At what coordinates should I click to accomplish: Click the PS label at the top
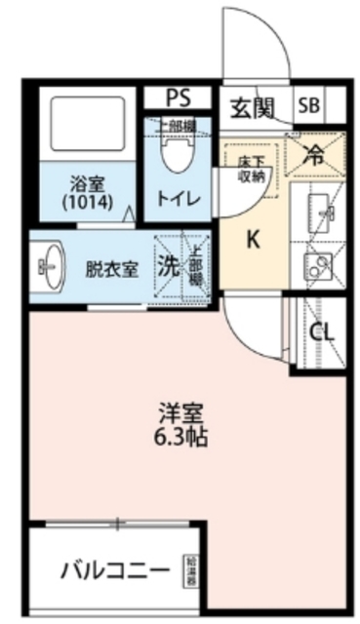177,98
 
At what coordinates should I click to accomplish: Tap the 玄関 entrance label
253,106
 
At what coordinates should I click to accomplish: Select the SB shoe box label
308,106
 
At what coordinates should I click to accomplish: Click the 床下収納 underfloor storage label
253,169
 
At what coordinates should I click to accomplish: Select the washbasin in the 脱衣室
49,263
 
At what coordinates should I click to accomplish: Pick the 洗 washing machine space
169,264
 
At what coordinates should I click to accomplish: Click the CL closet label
321,331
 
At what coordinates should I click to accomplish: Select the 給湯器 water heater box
189,570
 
